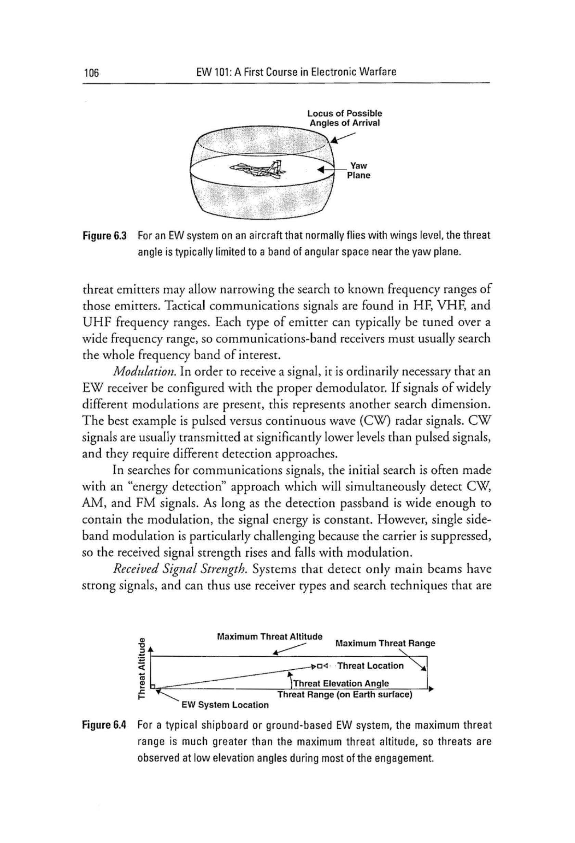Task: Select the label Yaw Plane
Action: (x=358, y=171)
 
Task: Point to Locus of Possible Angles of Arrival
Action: (x=345, y=118)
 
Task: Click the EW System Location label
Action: (x=225, y=705)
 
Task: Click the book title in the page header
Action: (x=296, y=72)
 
